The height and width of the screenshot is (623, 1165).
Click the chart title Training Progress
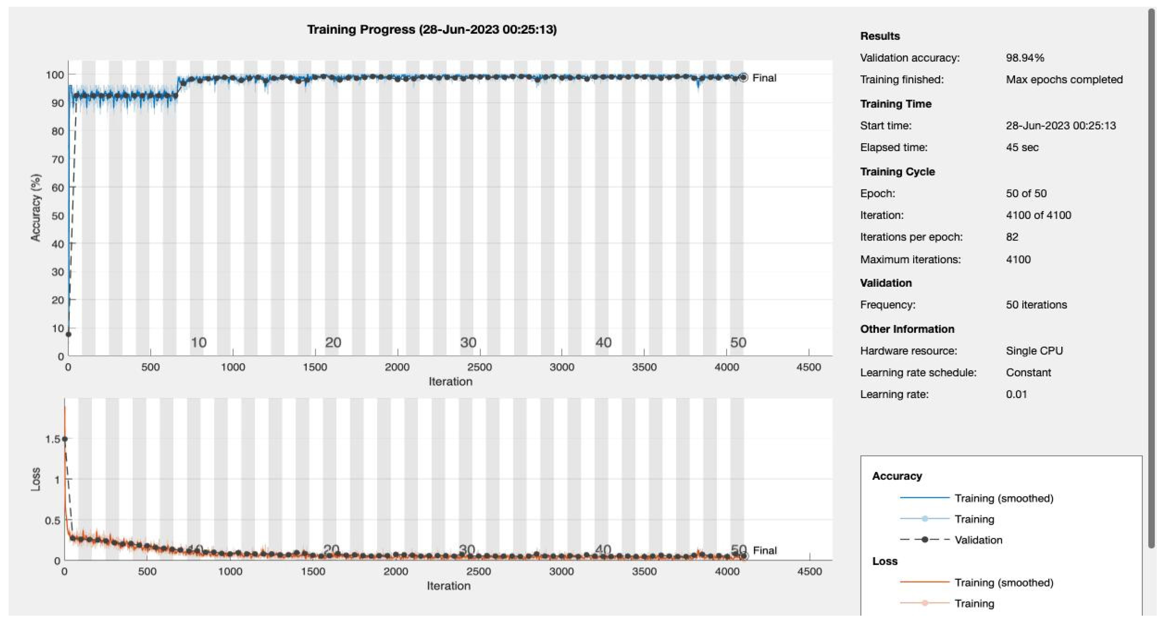(x=431, y=30)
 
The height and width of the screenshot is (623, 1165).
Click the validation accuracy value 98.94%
(x=1025, y=58)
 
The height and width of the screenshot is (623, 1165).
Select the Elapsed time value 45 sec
(x=1022, y=147)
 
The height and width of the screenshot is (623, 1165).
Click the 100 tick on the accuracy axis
(x=55, y=75)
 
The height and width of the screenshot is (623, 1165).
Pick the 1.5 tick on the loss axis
(x=52, y=439)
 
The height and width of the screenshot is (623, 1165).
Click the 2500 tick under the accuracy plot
(x=480, y=367)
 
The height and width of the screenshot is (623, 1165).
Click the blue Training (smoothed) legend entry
(x=1003, y=498)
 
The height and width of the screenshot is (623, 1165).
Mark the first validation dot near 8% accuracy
(x=68, y=334)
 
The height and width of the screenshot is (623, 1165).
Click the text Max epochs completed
(x=1064, y=80)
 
